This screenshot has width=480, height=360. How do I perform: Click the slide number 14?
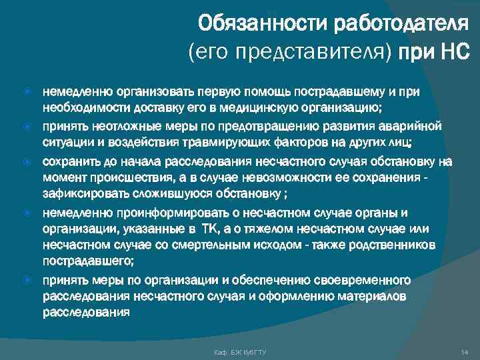point(465,351)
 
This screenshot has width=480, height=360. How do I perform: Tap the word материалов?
point(373,296)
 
